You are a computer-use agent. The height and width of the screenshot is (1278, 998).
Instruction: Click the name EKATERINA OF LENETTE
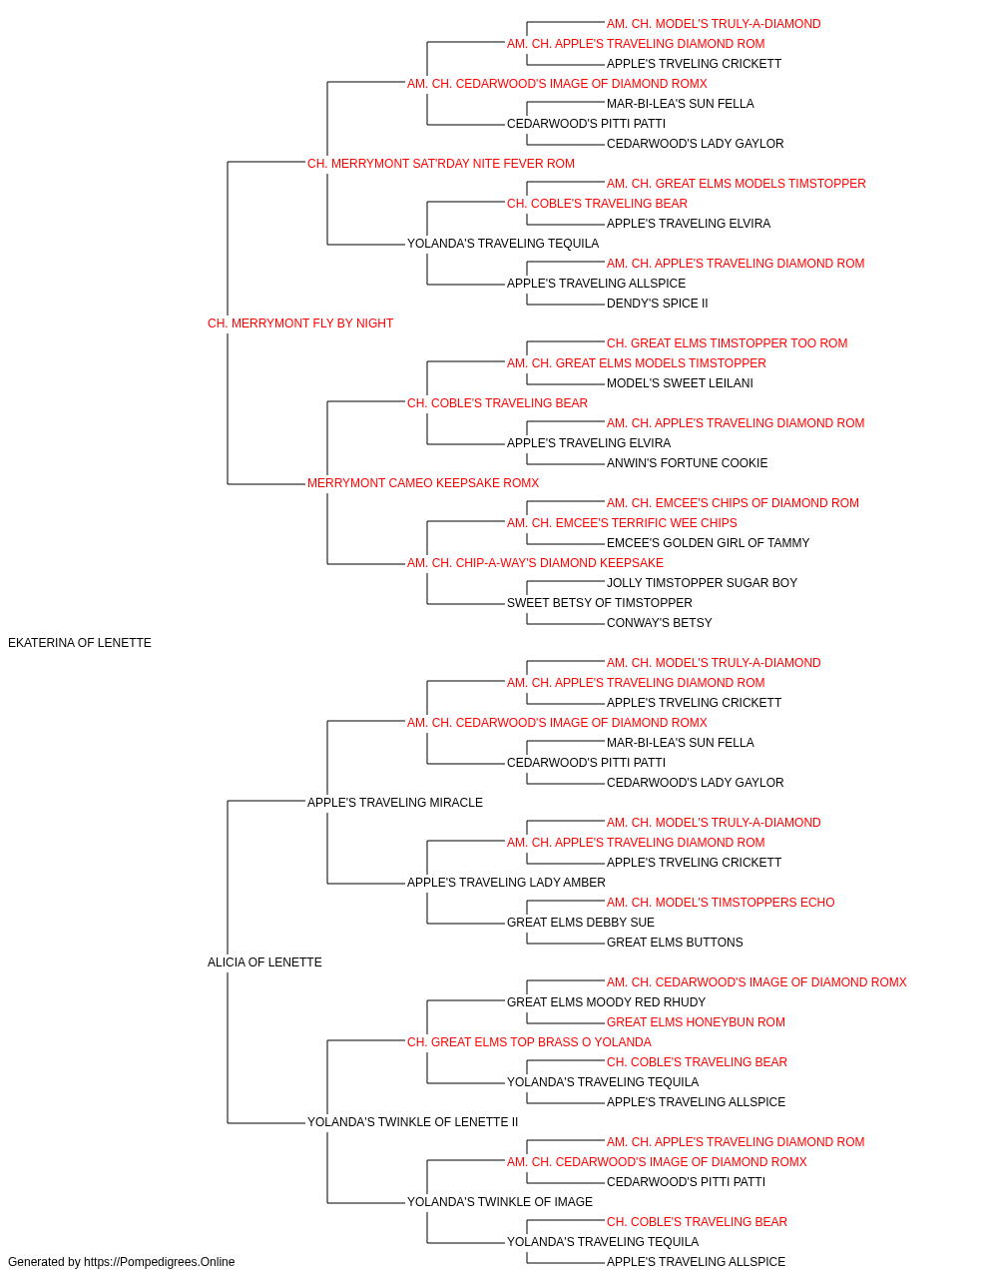(80, 643)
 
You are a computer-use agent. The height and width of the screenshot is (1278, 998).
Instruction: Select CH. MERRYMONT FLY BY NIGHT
(300, 323)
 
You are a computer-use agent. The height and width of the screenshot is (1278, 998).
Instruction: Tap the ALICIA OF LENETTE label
(264, 962)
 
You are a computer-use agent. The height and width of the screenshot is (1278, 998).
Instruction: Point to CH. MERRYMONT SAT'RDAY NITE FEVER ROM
(441, 164)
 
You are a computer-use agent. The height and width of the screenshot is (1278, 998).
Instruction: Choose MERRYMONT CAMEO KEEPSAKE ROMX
(423, 483)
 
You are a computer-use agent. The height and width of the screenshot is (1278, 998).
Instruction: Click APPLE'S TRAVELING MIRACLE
(395, 802)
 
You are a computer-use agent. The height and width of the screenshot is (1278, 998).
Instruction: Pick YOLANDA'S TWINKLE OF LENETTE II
(412, 1121)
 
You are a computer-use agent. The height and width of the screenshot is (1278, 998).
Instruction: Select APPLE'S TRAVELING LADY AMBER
(506, 883)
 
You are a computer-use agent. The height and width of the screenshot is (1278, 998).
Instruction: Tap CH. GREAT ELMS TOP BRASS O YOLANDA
(529, 1042)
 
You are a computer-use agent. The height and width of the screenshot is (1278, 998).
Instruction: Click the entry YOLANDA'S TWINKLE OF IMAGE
(500, 1201)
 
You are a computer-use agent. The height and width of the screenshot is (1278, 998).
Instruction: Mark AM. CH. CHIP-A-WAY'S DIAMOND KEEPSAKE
(536, 563)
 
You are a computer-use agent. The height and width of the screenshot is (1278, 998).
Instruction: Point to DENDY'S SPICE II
(657, 304)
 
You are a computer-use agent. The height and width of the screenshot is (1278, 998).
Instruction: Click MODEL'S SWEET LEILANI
(680, 383)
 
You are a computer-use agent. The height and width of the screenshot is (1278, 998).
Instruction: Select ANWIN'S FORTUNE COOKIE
(687, 463)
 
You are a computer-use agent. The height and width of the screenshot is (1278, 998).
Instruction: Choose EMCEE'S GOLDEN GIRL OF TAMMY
(708, 543)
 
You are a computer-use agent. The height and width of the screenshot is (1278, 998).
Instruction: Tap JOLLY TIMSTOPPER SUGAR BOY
(702, 583)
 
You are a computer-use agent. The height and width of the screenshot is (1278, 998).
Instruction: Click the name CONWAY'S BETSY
(659, 623)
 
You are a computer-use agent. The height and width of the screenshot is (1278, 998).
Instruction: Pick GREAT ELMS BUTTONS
(675, 943)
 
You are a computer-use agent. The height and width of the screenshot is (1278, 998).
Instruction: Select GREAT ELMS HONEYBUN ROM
(696, 1022)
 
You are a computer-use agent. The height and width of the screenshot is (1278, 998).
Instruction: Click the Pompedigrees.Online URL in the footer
(160, 1262)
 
